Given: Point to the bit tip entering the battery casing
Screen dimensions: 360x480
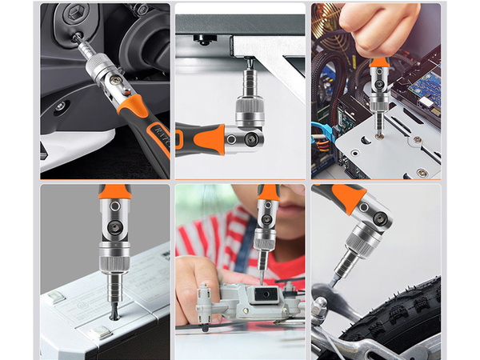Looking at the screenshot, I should pos(114,314).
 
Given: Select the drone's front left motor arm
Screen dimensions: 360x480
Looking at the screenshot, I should pos(206,308).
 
